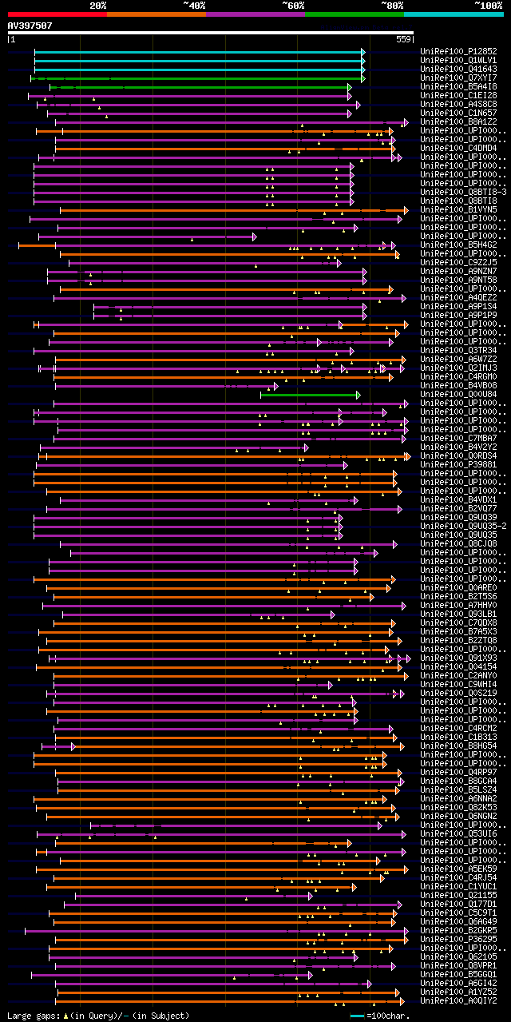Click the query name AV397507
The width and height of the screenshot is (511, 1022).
click(x=30, y=26)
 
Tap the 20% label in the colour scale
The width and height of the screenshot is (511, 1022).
click(x=98, y=5)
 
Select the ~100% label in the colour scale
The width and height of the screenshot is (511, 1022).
click(x=488, y=5)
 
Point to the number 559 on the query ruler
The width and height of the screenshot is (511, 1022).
click(x=403, y=38)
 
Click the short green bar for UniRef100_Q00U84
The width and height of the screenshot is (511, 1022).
click(x=309, y=395)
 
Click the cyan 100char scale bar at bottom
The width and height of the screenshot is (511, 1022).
click(x=357, y=1016)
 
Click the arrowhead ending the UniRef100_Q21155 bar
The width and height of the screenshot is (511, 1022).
click(x=311, y=896)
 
